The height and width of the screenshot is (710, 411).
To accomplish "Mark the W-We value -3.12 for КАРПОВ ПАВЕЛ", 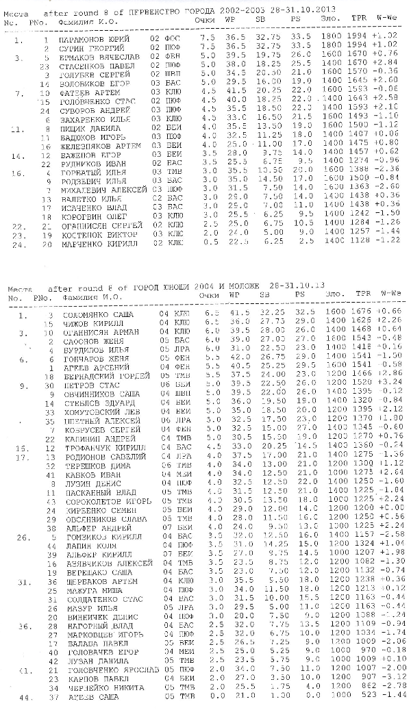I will click(389, 677).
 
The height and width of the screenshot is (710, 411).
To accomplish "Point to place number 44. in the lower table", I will click(24, 696).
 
